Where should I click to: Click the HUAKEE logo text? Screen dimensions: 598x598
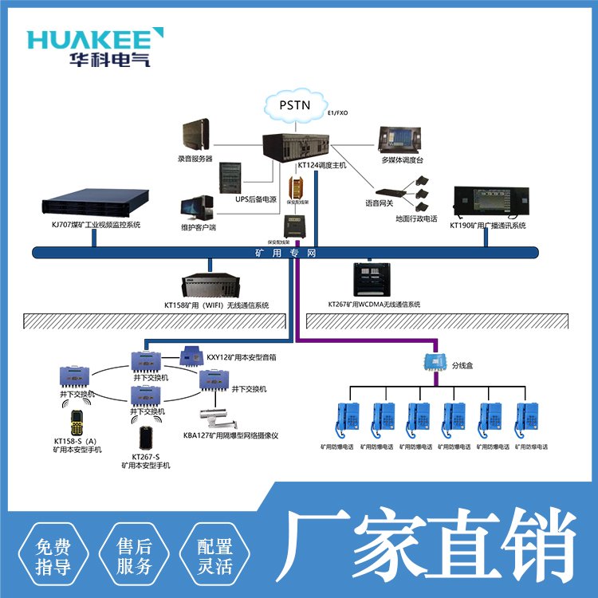[x=95, y=38]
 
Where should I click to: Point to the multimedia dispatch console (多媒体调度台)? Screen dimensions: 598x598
[x=400, y=140]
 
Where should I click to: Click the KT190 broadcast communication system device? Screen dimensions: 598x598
[x=487, y=203]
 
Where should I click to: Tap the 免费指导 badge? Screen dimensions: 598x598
[x=58, y=556]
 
